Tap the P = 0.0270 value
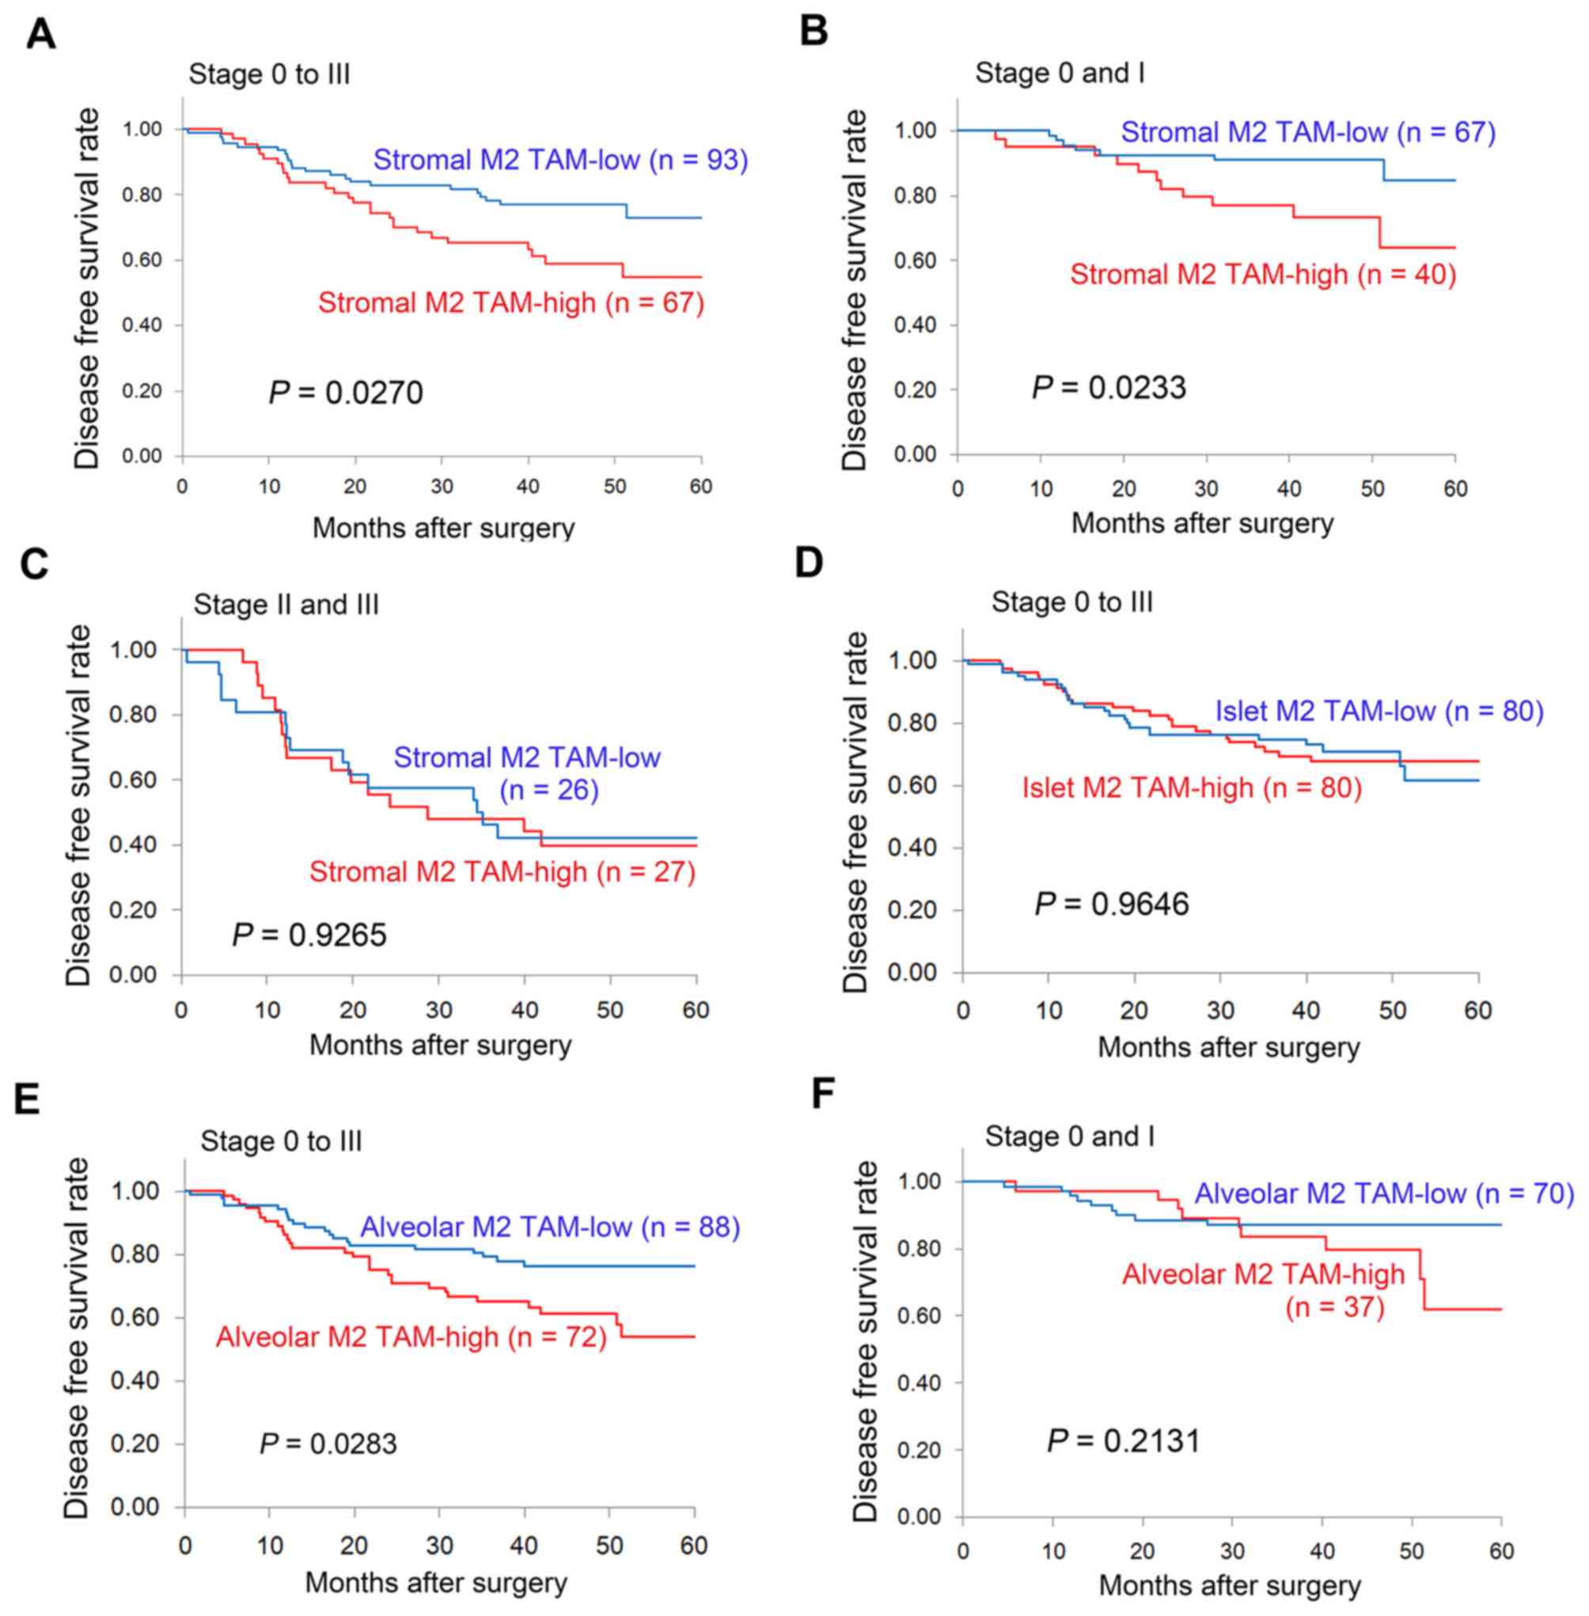[x=346, y=392]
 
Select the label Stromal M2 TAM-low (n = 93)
[x=560, y=159]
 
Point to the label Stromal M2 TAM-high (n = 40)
[x=1263, y=274]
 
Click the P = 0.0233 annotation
[x=1109, y=387]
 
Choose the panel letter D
[x=809, y=563]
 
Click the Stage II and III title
[x=286, y=604]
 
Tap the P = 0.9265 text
[x=309, y=935]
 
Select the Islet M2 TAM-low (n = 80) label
[x=1379, y=711]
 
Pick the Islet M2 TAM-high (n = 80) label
[x=1191, y=787]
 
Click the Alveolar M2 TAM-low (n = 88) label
[x=550, y=1226]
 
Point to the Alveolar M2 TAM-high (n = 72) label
[x=411, y=1337]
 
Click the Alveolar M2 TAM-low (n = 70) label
[x=1384, y=1193]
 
